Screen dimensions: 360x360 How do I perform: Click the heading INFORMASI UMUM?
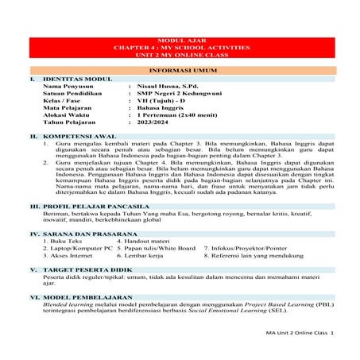[180, 70]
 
